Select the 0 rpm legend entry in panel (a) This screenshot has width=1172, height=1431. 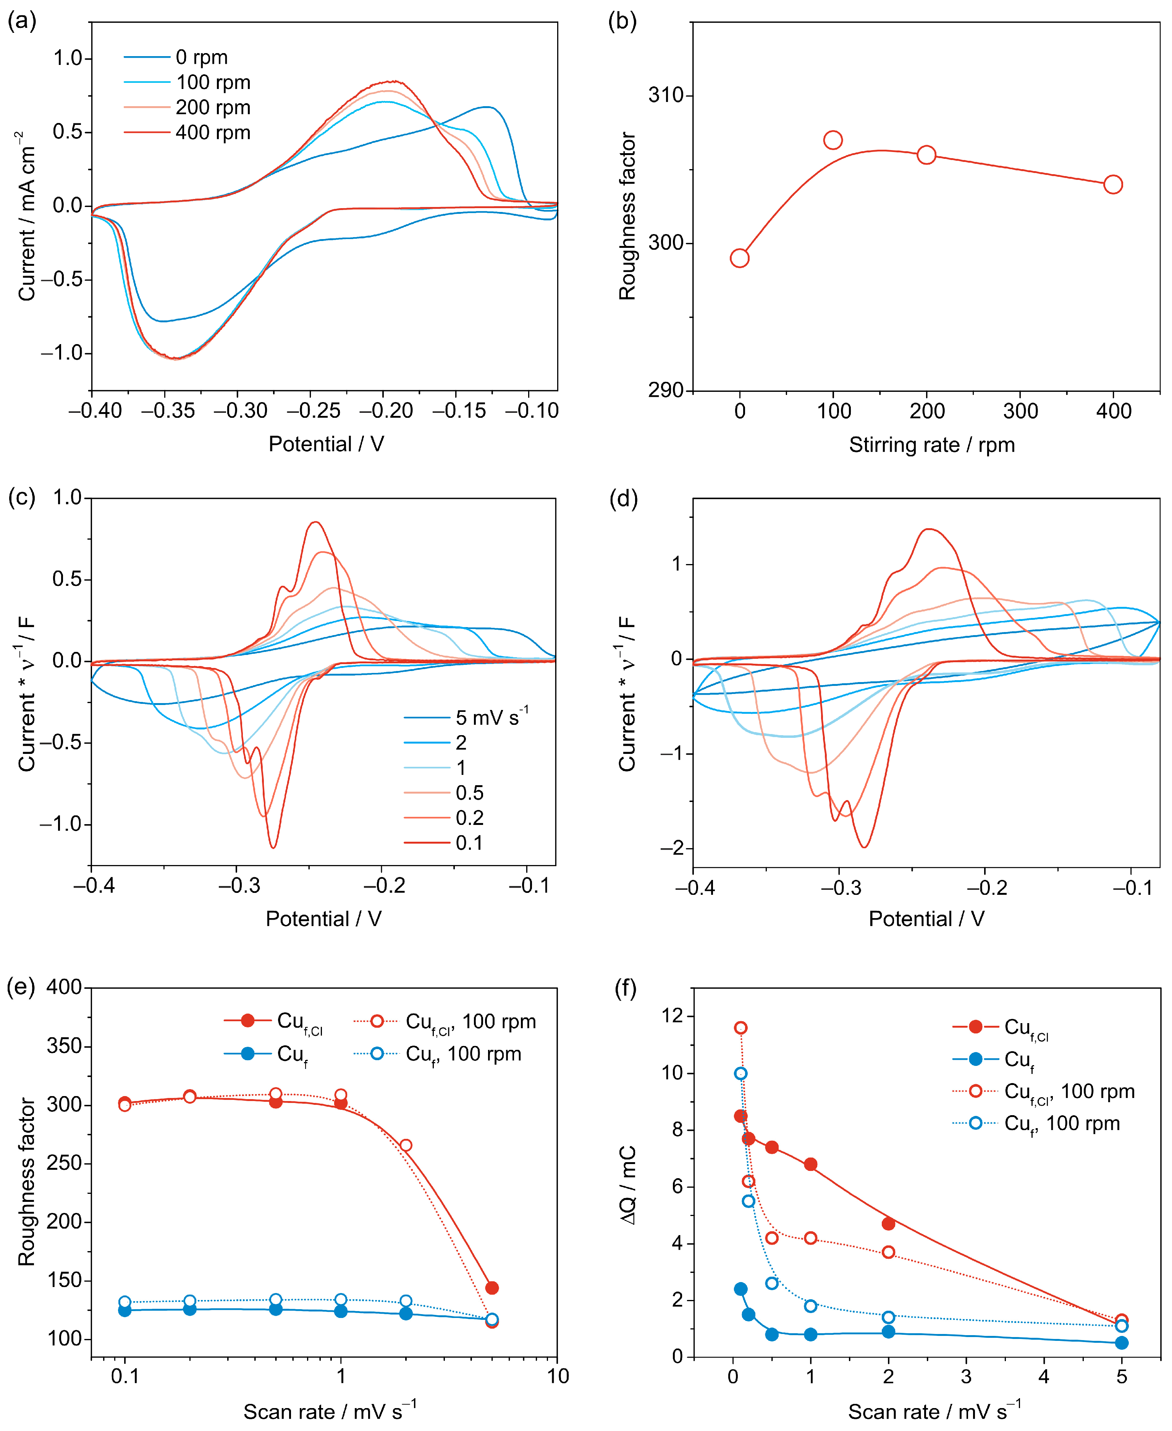coord(201,57)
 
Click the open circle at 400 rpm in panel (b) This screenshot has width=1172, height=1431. coord(1112,184)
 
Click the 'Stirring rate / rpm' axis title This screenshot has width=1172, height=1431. coord(932,445)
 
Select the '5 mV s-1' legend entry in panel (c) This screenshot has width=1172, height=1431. coord(491,717)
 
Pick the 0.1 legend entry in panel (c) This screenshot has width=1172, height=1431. coord(469,842)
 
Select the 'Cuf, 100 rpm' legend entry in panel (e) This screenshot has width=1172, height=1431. coord(463,1054)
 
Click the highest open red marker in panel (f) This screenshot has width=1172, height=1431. coord(740,1028)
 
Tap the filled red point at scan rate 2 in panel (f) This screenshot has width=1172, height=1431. coord(888,1224)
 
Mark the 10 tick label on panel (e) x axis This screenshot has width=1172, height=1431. coord(558,1376)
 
